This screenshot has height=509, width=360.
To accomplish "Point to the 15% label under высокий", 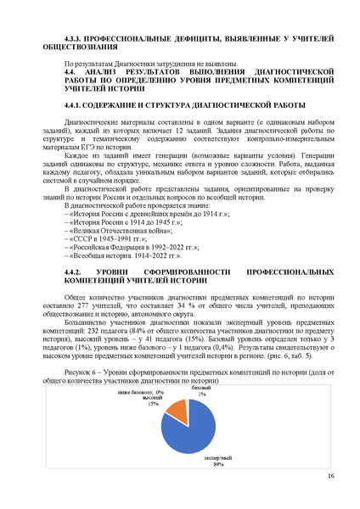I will point(153,404).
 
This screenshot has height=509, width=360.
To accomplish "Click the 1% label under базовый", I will point(201,394).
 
